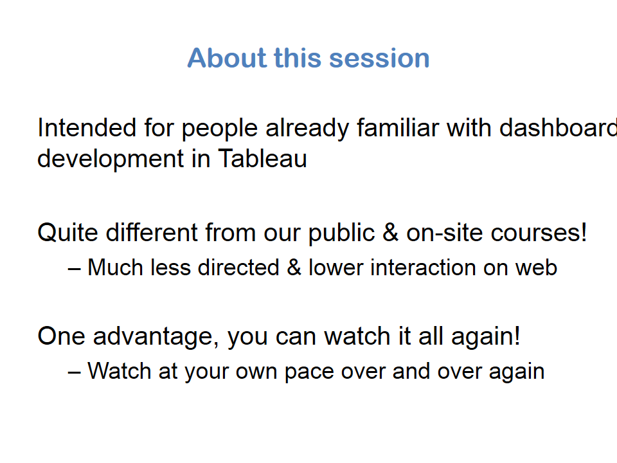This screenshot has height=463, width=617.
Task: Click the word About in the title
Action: click(x=227, y=58)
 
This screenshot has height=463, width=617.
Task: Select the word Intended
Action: click(x=87, y=128)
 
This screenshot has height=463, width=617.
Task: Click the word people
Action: click(x=219, y=129)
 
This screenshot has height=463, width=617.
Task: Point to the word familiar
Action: click(x=397, y=128)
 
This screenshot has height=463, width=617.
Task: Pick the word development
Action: click(x=110, y=159)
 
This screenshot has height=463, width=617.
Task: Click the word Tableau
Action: click(x=262, y=158)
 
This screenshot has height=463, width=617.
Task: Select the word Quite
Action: click(x=67, y=232)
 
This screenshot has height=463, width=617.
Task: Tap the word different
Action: click(x=152, y=232)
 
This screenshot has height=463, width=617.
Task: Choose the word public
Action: click(x=341, y=233)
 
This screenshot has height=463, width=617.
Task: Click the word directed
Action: click(x=238, y=268)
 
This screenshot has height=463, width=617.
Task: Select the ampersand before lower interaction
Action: click(x=294, y=268)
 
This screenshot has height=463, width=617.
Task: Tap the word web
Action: click(x=536, y=268)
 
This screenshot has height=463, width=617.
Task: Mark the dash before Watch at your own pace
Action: click(x=74, y=373)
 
